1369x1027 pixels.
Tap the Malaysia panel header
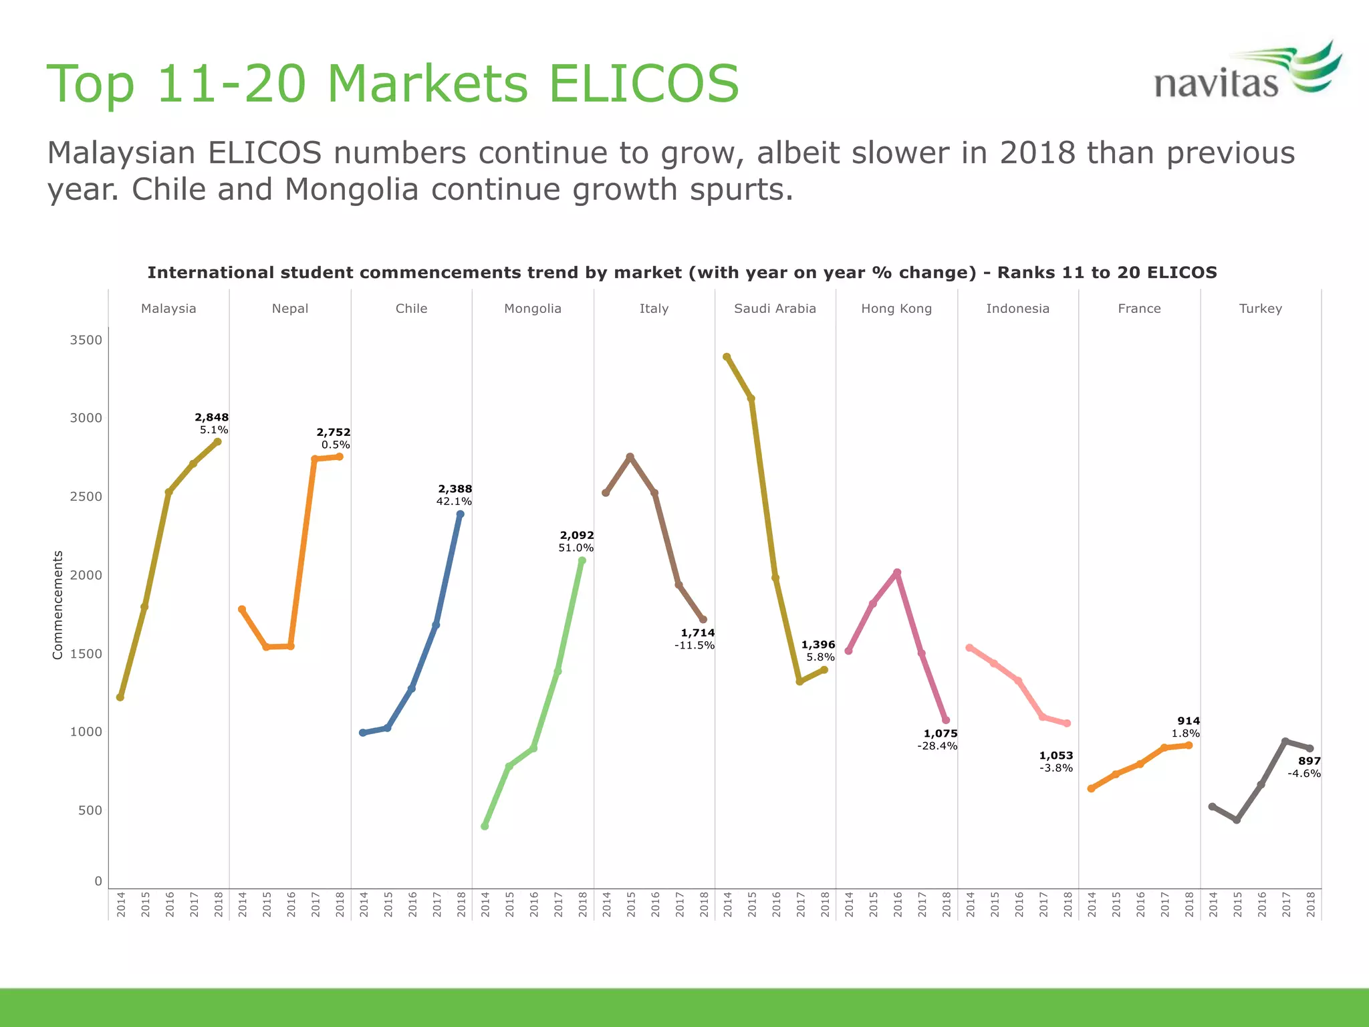[168, 308]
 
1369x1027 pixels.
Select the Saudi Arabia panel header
[775, 308]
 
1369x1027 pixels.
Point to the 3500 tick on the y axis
[86, 340]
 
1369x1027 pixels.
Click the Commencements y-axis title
[57, 604]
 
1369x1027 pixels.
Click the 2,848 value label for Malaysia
[211, 417]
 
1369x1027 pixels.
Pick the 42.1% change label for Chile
[454, 501]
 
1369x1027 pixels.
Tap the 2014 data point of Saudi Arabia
[727, 357]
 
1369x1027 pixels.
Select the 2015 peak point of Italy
[630, 457]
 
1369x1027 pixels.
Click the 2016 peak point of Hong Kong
[897, 572]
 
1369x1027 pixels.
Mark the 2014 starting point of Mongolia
[485, 826]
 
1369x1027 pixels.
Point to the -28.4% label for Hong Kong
[937, 746]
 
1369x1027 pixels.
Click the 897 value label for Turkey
[1309, 761]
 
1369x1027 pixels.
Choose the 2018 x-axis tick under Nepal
[340, 904]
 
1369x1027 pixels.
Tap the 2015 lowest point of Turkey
[1237, 820]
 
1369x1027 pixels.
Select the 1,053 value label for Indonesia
[1055, 756]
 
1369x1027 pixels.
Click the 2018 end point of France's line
[1189, 745]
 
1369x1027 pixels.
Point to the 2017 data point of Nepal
[315, 459]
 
